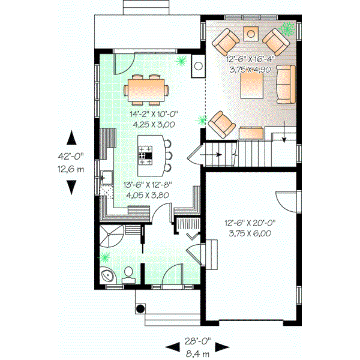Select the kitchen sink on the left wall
tap(107, 177)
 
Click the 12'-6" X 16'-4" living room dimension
tap(250, 65)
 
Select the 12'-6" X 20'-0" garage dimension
tap(247, 230)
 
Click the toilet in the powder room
tap(128, 275)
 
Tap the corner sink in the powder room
tap(107, 276)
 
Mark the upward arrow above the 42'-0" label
tap(71, 137)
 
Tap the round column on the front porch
tap(140, 310)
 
